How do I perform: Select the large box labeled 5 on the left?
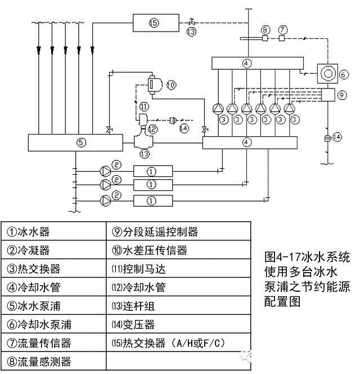tap(81, 143)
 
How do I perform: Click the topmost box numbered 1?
tap(151, 171)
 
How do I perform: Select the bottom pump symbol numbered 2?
tap(105, 201)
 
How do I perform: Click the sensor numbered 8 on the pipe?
tap(265, 39)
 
